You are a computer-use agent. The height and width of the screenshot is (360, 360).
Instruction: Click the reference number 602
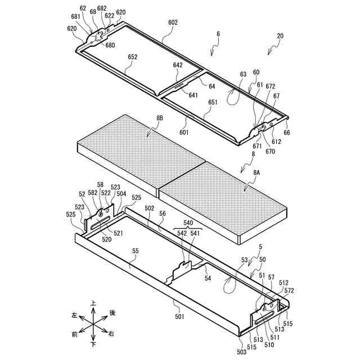172,22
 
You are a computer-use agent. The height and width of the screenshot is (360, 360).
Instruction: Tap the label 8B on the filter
160,118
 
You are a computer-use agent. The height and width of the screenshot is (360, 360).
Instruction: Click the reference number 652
132,57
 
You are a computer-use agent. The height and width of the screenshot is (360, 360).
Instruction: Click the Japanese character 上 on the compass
93,304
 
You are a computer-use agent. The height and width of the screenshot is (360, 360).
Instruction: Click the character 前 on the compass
74,335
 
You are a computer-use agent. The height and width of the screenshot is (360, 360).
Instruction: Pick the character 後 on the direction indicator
112,313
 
